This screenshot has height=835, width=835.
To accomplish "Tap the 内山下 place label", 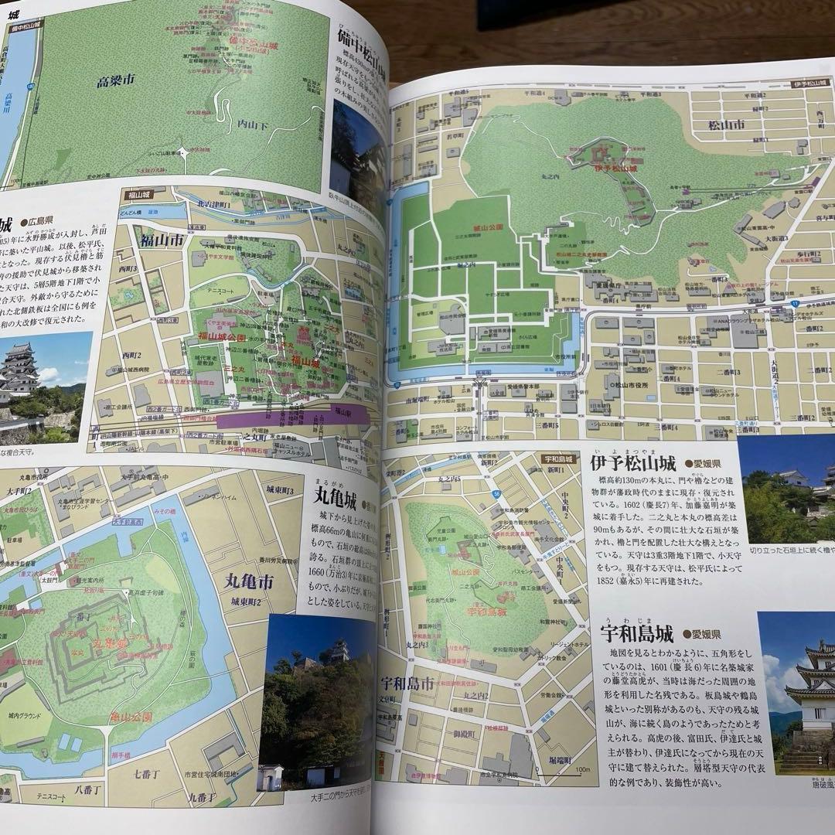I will (257, 123).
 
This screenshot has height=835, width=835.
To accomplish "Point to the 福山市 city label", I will (162, 240).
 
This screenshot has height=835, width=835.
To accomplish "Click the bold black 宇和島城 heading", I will (638, 635).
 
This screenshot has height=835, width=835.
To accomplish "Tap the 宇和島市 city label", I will (414, 684).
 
